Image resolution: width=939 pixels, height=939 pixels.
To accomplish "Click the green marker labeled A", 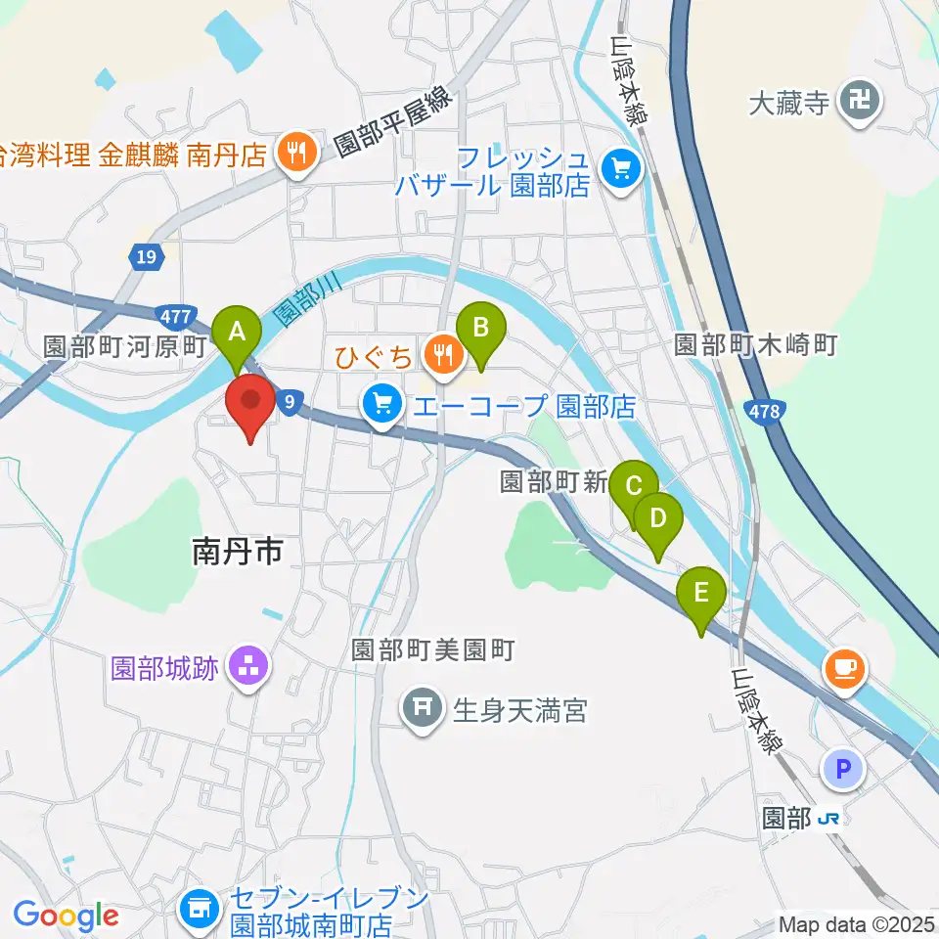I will point(236,333).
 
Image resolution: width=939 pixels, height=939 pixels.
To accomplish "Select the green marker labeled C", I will point(634,487).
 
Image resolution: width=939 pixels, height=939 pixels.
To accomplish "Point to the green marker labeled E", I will point(701,593).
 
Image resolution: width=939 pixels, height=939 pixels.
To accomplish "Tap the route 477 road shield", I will point(172,316).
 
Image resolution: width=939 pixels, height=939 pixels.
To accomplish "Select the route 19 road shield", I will point(146,257).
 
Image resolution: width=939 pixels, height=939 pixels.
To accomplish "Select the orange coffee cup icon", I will point(844,669).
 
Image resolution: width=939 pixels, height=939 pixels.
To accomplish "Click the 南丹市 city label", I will point(238,554).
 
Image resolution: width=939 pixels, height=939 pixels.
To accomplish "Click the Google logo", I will point(67,916).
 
